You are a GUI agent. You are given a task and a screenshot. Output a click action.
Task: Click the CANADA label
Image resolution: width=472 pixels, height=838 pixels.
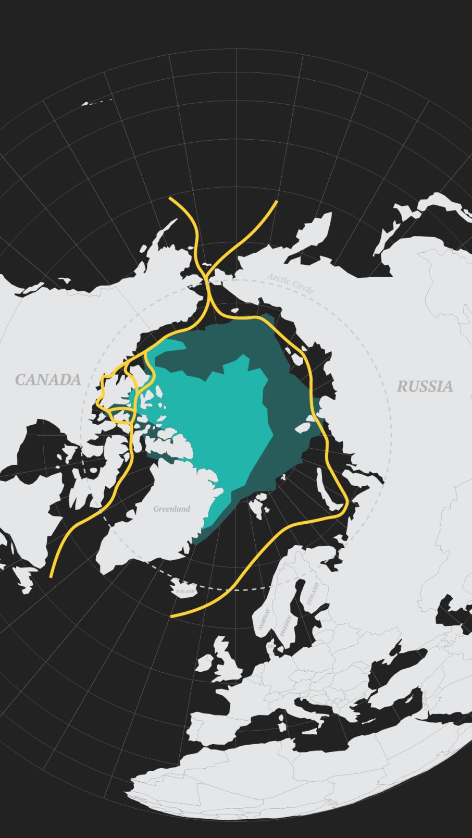[x=48, y=379]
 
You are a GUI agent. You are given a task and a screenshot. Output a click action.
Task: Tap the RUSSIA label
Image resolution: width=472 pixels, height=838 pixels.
[x=425, y=386]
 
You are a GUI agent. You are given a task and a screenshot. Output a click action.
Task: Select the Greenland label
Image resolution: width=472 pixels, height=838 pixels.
[x=171, y=509]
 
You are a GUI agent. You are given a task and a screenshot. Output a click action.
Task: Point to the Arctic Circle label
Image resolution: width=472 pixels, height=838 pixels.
[x=290, y=284]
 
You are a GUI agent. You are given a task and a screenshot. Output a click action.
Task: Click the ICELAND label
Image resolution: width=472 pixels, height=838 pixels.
[x=185, y=591]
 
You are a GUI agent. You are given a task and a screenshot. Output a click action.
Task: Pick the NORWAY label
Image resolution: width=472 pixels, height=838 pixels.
[x=265, y=619]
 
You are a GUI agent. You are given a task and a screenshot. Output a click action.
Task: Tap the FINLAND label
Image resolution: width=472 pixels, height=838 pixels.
[x=312, y=594]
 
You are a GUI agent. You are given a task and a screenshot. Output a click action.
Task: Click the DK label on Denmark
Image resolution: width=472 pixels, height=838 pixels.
[x=270, y=647]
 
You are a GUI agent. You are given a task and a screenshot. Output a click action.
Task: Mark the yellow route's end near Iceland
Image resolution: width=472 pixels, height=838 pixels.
[x=172, y=617]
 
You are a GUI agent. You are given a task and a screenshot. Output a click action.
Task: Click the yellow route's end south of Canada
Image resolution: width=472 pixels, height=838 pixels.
[x=51, y=576]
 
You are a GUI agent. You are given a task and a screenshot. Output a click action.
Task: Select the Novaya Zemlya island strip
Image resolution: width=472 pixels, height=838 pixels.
[x=326, y=490]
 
